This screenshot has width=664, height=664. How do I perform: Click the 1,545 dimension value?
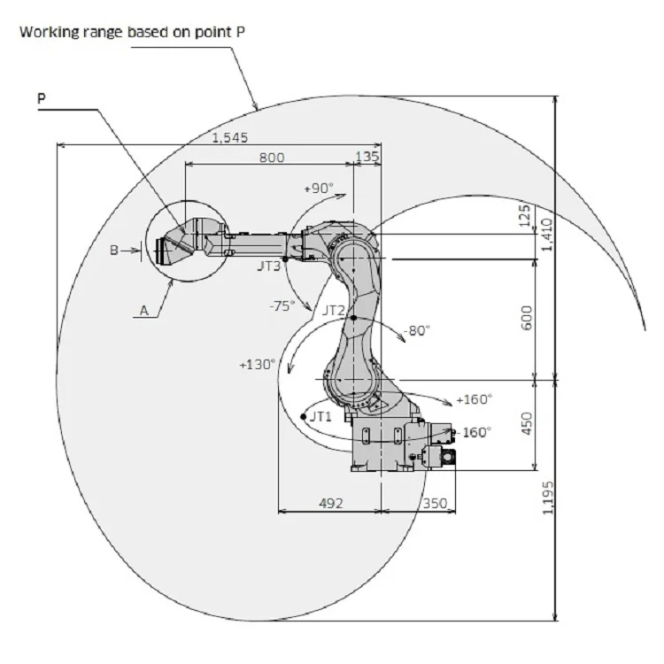click(229, 137)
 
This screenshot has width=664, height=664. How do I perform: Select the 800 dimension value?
click(272, 158)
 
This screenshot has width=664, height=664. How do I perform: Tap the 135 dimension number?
click(367, 157)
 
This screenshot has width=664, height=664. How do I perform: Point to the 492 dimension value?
click(331, 503)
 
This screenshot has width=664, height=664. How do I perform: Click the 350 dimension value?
click(435, 503)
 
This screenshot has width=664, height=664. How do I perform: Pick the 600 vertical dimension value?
click(527, 318)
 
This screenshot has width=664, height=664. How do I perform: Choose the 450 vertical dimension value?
click(527, 422)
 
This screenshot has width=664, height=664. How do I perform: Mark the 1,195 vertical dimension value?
click(548, 498)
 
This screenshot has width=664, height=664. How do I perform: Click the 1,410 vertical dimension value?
click(547, 235)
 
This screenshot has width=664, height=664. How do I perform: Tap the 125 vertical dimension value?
click(524, 215)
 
